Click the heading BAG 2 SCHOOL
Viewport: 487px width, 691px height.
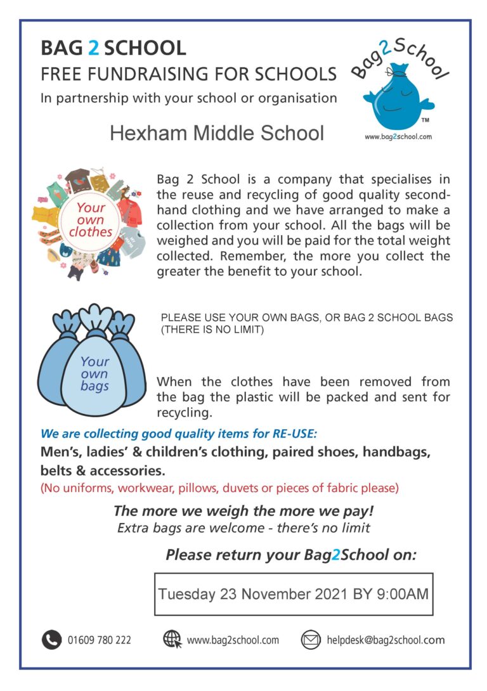pyautogui.click(x=113, y=48)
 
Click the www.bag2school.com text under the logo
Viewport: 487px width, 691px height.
pyautogui.click(x=398, y=136)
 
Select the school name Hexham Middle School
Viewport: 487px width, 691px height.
pyautogui.click(x=216, y=133)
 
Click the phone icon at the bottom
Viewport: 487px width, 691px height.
pyautogui.click(x=51, y=640)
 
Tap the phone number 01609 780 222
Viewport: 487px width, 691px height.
pyautogui.click(x=100, y=640)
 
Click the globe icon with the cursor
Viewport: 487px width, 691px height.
pyautogui.click(x=172, y=640)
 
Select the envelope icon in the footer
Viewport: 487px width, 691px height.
pyautogui.click(x=311, y=640)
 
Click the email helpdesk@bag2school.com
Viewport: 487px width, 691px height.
pyautogui.click(x=386, y=640)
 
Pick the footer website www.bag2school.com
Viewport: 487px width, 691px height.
pyautogui.click(x=233, y=640)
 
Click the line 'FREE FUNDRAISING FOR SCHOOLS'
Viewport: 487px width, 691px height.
pyautogui.click(x=188, y=74)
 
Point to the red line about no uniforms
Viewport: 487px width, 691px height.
pyautogui.click(x=219, y=488)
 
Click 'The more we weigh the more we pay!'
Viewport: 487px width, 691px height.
pyautogui.click(x=243, y=511)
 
